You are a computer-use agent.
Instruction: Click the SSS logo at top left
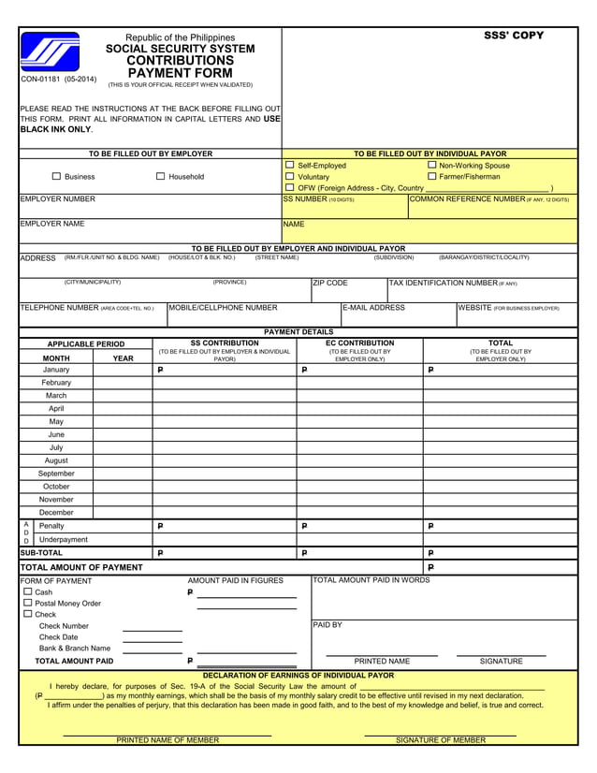pyautogui.click(x=51, y=53)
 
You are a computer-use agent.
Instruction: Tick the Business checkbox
pyautogui.click(x=56, y=176)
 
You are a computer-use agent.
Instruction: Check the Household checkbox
pyautogui.click(x=160, y=176)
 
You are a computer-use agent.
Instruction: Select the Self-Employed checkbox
pyautogui.click(x=290, y=165)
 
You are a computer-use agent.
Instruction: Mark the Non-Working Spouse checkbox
pyautogui.click(x=432, y=165)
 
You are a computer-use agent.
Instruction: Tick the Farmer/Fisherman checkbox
pyautogui.click(x=432, y=176)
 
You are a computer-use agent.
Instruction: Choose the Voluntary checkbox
pyautogui.click(x=290, y=176)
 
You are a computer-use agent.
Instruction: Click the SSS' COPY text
pyautogui.click(x=513, y=36)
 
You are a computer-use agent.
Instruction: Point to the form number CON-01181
pyautogui.click(x=58, y=80)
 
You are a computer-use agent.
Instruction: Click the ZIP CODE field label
pyautogui.click(x=330, y=283)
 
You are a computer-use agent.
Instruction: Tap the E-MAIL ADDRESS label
pyautogui.click(x=374, y=307)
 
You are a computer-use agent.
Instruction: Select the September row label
pyautogui.click(x=56, y=474)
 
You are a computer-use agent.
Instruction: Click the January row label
pyautogui.click(x=56, y=370)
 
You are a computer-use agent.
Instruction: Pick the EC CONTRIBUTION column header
pyautogui.click(x=359, y=343)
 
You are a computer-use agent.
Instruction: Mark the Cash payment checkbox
pyautogui.click(x=27, y=591)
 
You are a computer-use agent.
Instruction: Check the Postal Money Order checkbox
pyautogui.click(x=27, y=603)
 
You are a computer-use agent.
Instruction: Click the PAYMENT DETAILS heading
pyautogui.click(x=298, y=331)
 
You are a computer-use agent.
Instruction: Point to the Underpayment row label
pyautogui.click(x=64, y=539)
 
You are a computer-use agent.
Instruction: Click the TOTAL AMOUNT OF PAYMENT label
pyautogui.click(x=81, y=567)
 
